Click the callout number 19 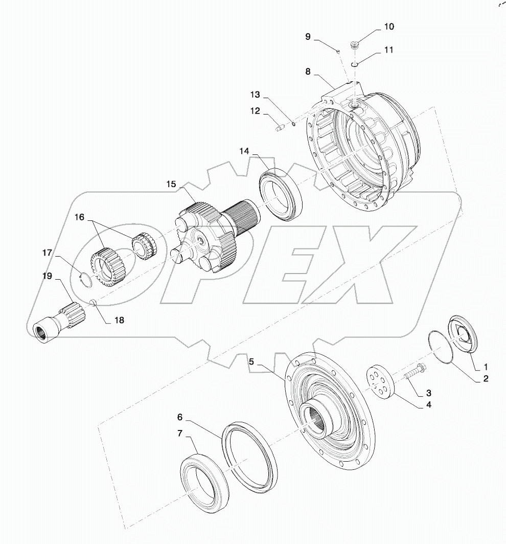tap(47, 276)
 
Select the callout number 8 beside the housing tap(308, 72)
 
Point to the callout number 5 tap(251, 361)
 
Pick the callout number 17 tap(47, 252)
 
